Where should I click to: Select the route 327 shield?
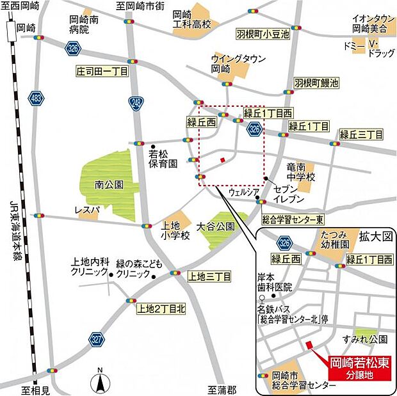tap(97, 340)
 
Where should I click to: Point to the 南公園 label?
tap(108, 185)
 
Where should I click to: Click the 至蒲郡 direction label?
tap(222, 389)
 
